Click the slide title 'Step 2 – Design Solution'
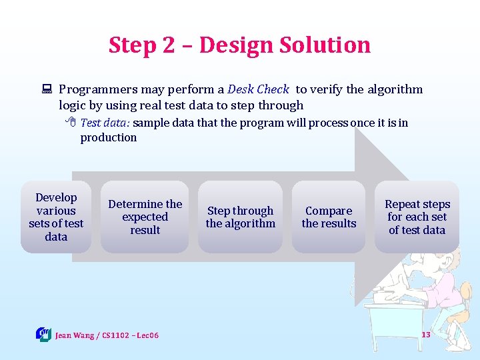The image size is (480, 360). [239, 45]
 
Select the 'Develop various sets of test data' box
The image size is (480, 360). [56, 217]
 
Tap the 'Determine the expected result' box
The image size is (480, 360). [145, 217]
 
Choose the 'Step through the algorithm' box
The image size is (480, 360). [240, 217]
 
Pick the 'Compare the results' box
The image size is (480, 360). [329, 217]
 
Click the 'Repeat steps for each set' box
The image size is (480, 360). [417, 217]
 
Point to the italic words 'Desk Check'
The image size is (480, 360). [258, 89]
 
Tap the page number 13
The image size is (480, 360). [425, 334]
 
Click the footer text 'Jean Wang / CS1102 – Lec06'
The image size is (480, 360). [107, 335]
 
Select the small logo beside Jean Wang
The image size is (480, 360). [43, 334]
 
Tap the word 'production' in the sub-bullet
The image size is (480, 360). [109, 137]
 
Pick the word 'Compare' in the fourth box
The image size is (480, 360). [329, 211]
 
